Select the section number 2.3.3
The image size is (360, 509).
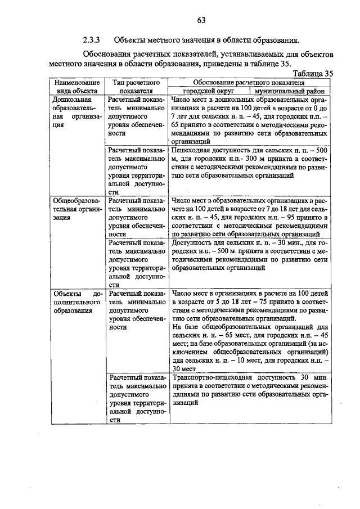pyautogui.click(x=92, y=40)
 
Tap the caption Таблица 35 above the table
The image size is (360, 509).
pyautogui.click(x=314, y=73)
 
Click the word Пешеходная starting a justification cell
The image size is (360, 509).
pyautogui.click(x=194, y=151)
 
